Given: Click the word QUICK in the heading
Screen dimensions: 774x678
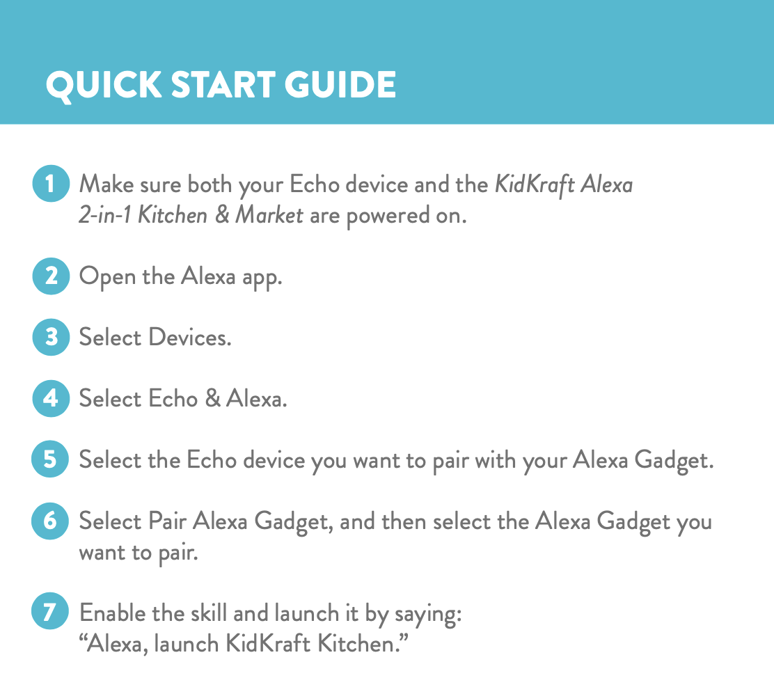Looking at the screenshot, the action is (104, 85).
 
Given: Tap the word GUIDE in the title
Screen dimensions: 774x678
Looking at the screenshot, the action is (340, 84).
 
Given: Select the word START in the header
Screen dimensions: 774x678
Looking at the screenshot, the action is (223, 84).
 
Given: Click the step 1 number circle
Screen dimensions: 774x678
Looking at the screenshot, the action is (51, 183).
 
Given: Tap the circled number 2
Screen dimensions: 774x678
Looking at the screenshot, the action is (51, 276).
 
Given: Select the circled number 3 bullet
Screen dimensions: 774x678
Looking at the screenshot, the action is (51, 338).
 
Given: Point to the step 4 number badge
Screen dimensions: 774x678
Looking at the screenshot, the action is (51, 398).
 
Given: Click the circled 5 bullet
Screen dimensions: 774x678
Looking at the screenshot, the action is (50, 459).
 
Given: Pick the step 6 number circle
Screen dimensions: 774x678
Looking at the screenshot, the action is (50, 521).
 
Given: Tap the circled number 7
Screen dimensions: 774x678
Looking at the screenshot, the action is (50, 611).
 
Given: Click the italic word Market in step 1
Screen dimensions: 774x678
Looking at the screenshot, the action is (269, 215).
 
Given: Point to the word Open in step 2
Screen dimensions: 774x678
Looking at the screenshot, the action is (108, 276).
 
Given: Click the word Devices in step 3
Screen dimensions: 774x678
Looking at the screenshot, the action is (190, 338).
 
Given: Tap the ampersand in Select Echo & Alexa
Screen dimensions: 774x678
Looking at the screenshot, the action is (213, 398).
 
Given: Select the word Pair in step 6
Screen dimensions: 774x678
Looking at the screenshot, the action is (167, 521).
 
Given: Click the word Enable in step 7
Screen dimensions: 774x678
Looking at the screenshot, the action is (113, 613).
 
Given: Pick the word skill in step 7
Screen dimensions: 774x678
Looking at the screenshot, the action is (209, 613).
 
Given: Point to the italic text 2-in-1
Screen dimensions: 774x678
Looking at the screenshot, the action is (104, 215).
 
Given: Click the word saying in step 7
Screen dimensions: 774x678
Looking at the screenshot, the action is (428, 615).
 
